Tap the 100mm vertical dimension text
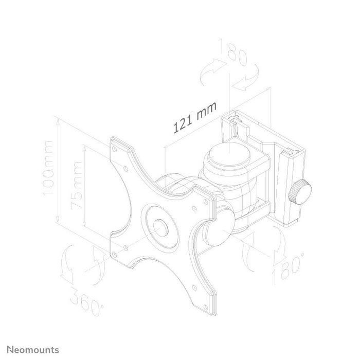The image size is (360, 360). tap(49, 168)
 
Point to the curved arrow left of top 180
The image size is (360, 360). tap(209, 72)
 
